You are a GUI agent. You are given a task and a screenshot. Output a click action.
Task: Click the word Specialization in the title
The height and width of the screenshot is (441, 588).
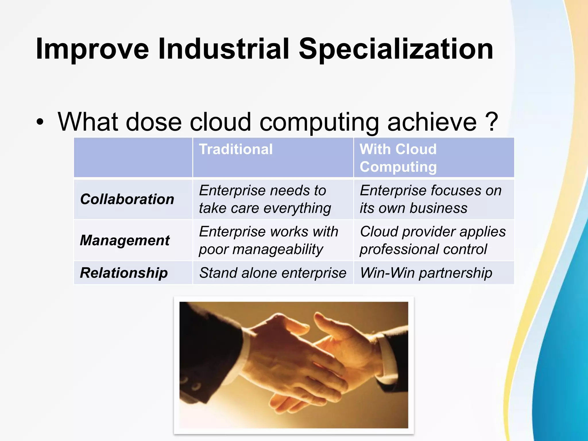click(x=396, y=49)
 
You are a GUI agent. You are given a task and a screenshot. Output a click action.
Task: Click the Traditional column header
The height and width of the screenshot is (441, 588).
click(x=236, y=149)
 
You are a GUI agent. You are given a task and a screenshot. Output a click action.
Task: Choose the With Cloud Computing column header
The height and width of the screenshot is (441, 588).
click(x=398, y=158)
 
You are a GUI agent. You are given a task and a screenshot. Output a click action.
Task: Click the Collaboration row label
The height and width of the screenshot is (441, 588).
click(x=127, y=199)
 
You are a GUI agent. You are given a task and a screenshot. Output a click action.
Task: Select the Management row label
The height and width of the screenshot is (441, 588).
click(x=125, y=240)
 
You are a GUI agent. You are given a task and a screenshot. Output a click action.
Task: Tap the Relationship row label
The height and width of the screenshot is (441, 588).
click(x=124, y=273)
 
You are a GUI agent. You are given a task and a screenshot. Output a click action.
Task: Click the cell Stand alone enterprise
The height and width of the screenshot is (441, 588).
click(x=273, y=273)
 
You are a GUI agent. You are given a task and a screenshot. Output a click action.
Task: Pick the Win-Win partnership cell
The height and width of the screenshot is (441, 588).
click(x=426, y=273)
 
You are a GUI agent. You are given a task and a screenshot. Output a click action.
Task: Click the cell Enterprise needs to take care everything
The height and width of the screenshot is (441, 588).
click(x=265, y=199)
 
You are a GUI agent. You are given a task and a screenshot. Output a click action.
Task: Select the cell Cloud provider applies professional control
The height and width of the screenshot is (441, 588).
click(x=432, y=240)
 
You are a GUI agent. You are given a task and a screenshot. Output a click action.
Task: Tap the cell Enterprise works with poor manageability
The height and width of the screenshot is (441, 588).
click(x=268, y=240)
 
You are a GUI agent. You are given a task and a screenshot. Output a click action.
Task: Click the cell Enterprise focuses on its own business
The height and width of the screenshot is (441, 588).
click(x=430, y=199)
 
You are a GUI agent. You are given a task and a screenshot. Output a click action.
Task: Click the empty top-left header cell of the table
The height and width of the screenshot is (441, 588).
click(x=133, y=157)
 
